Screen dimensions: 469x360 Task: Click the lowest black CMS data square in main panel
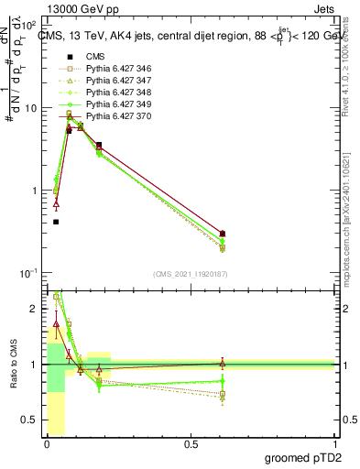click(x=56, y=222)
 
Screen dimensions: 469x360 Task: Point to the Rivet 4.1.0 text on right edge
click(x=352, y=73)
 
